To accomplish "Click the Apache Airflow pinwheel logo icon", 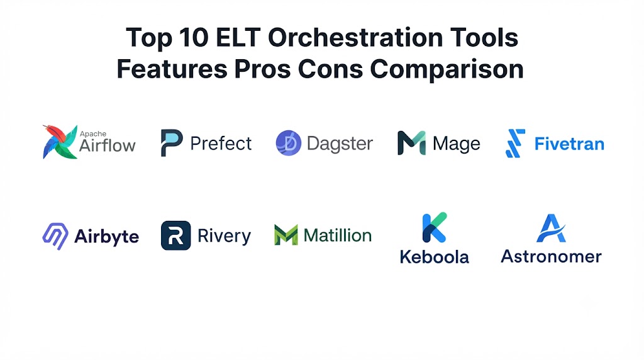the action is tap(60, 142).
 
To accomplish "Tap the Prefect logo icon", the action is tap(171, 143).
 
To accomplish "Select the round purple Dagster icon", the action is tap(288, 143).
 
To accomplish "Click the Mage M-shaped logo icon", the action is tap(411, 143).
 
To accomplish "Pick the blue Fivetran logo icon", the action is tap(515, 143).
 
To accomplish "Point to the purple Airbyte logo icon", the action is tap(55, 236).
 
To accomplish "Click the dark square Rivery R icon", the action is tap(176, 235).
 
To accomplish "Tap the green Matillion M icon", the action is tap(286, 235).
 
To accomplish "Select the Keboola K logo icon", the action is tap(434, 227).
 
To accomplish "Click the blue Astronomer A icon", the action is tap(551, 228).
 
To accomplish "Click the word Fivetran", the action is tap(569, 144).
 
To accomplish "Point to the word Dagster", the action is tap(340, 144).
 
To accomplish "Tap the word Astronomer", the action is tap(551, 257).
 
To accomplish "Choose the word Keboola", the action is tap(434, 257).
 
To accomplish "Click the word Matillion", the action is tap(338, 235).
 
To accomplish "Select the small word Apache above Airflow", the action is tap(93, 134).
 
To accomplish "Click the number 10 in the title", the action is tap(194, 37).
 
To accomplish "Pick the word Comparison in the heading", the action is tap(447, 69).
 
